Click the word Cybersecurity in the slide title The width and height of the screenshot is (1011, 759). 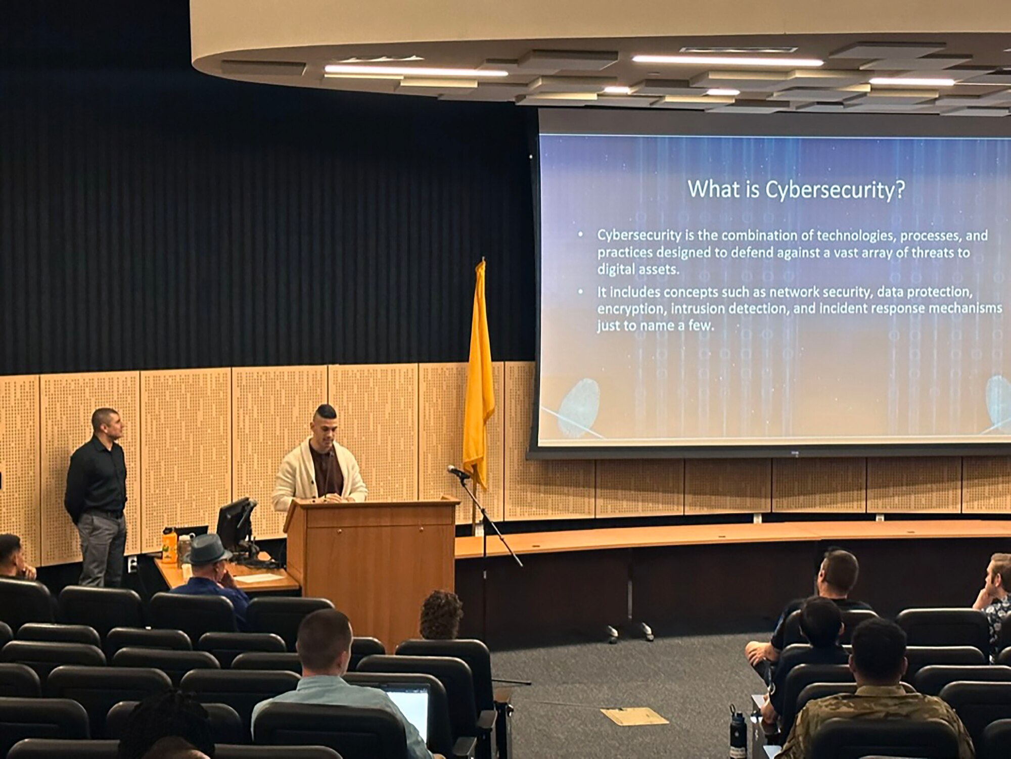(x=835, y=189)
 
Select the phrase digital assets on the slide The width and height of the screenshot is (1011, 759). (x=638, y=269)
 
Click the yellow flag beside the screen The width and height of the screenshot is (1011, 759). (x=478, y=374)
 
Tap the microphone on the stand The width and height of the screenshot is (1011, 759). (x=458, y=472)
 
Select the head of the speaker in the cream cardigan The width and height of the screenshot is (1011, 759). (x=325, y=425)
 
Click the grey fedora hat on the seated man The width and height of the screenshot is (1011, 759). (x=207, y=550)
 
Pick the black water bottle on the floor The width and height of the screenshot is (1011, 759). (x=738, y=732)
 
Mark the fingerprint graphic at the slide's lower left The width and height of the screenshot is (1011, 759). (x=579, y=407)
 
